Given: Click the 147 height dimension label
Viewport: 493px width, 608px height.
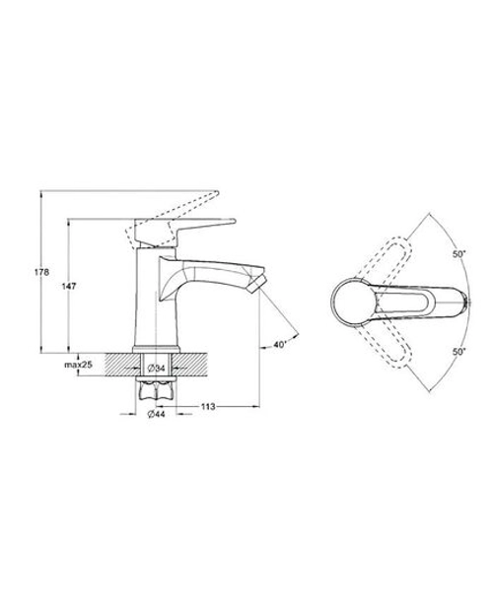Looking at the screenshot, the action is point(69,286).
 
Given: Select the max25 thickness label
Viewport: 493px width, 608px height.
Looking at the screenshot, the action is point(78,365).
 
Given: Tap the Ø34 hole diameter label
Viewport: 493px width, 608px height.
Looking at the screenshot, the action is point(157,369).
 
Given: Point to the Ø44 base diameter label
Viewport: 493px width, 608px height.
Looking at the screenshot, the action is point(157,414).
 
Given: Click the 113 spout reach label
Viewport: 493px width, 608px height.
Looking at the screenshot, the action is point(208,406).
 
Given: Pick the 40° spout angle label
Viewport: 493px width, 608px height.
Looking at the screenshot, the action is point(280,344).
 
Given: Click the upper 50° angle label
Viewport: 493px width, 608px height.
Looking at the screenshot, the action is point(458,255).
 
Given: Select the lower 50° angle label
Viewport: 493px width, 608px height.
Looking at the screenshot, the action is point(458,352).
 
